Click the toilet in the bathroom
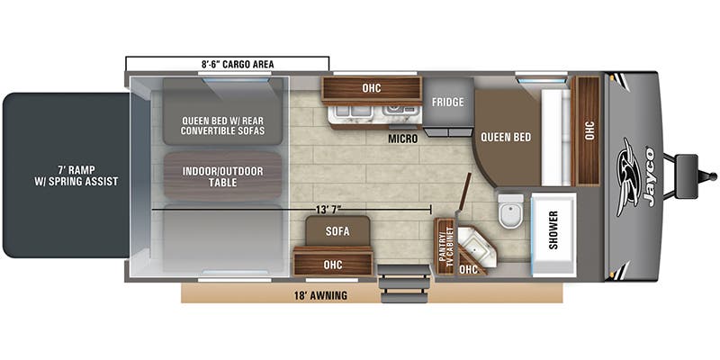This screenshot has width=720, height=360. (510, 211)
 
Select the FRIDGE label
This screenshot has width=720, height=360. (447, 102)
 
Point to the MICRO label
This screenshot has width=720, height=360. (402, 139)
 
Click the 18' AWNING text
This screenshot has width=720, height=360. (320, 295)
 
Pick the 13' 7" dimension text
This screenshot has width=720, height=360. (329, 210)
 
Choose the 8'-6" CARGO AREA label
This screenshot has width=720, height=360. (238, 64)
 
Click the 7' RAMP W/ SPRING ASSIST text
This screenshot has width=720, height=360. (76, 175)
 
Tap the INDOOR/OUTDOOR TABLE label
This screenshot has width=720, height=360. (222, 176)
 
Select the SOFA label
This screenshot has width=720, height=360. (337, 231)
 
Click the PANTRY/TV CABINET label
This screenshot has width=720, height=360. (445, 247)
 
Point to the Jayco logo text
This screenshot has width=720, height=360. (650, 176)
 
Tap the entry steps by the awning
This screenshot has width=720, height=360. (404, 284)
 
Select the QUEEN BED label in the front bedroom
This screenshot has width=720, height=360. (506, 137)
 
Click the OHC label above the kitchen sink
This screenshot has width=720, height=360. (371, 88)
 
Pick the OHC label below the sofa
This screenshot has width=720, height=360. (333, 265)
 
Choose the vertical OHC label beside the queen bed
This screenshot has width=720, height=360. (589, 130)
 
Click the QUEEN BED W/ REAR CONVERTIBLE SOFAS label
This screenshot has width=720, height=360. (223, 126)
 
